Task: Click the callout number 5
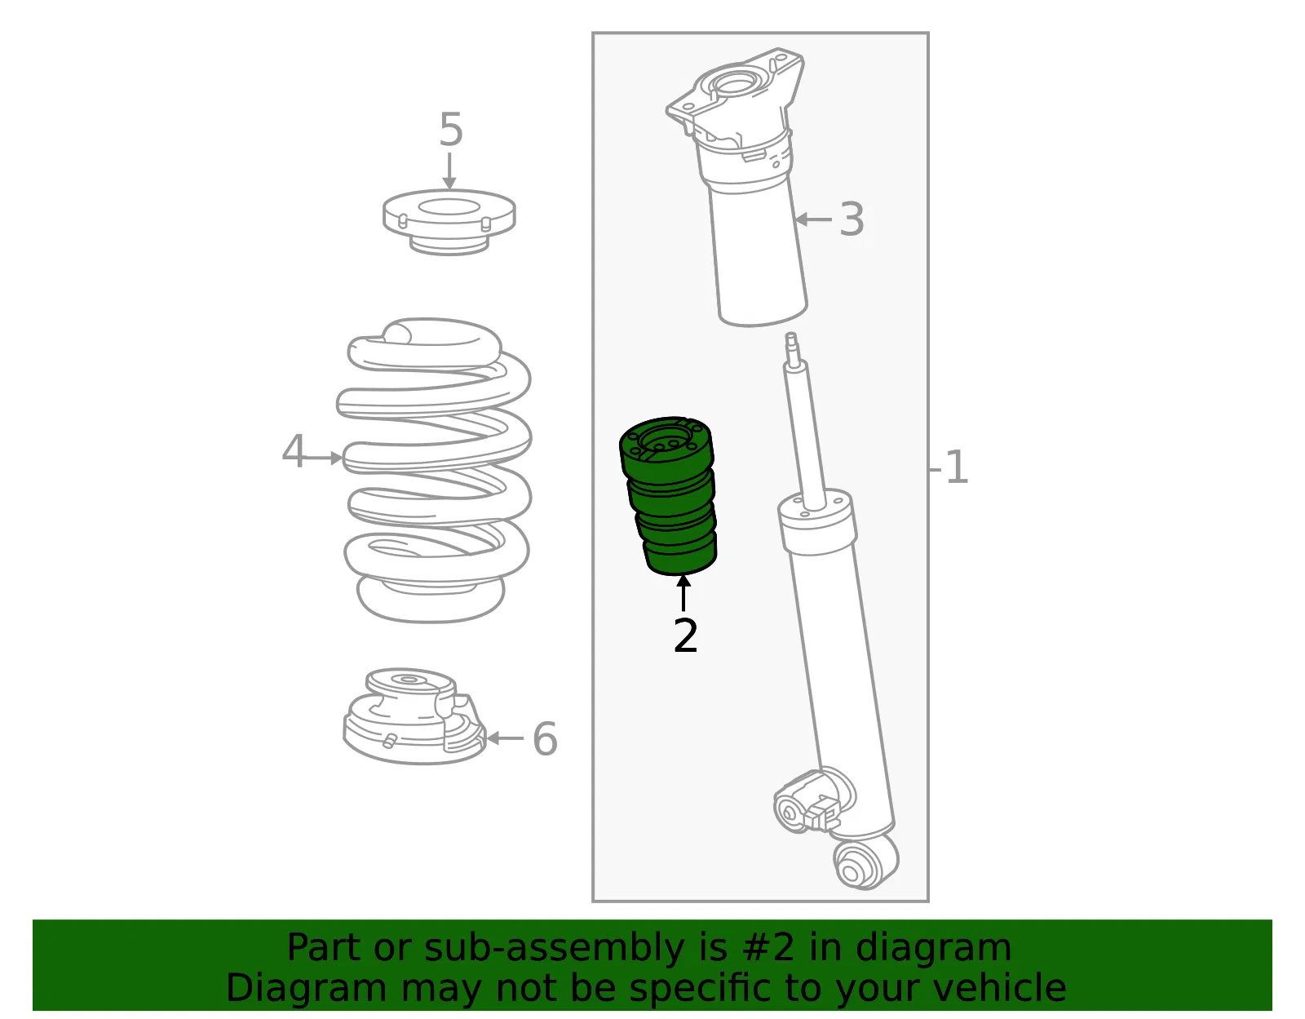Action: (x=451, y=129)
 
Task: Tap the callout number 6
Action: (x=546, y=738)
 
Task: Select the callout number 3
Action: (x=852, y=219)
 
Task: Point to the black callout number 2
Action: (x=686, y=636)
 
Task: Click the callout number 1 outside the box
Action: (x=957, y=467)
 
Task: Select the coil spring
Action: (x=434, y=470)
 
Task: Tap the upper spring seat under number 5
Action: (x=449, y=222)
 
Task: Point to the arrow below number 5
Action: (x=449, y=171)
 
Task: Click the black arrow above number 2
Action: (x=683, y=593)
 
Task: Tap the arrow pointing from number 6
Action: (x=505, y=738)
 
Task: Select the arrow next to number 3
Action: (x=813, y=219)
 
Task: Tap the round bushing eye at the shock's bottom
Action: (x=865, y=866)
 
